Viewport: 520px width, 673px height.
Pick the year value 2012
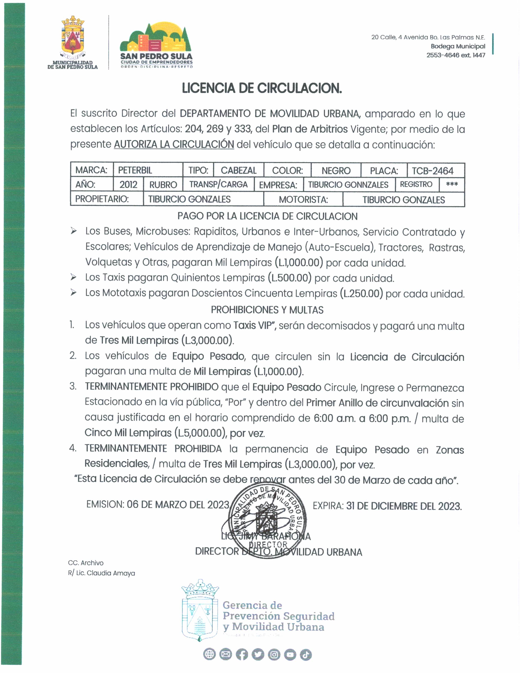128,185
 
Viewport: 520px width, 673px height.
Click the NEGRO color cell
336,171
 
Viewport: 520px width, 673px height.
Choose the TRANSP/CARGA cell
218,184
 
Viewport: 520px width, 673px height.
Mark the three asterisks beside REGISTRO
452,185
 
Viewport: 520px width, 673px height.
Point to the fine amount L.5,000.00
200,433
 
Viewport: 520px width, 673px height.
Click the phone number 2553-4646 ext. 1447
456,55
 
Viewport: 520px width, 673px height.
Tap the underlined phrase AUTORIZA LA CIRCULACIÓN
174,144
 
